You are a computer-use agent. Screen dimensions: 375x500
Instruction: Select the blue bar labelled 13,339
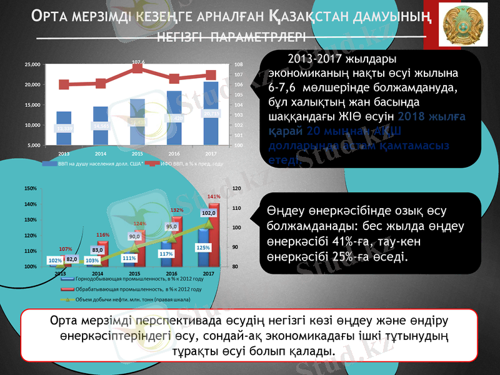pos(64,128)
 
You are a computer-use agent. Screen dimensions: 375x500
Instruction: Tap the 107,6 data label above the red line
pos(138,62)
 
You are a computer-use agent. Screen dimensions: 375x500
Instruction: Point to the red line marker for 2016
pos(174,79)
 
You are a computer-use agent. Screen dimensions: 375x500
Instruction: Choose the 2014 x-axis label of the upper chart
pos(100,152)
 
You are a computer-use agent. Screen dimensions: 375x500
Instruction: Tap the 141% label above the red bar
pos(214,196)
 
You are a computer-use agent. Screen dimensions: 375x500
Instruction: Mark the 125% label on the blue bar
pos(203,247)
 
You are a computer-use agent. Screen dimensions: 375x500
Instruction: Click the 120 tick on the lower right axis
pos(236,188)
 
